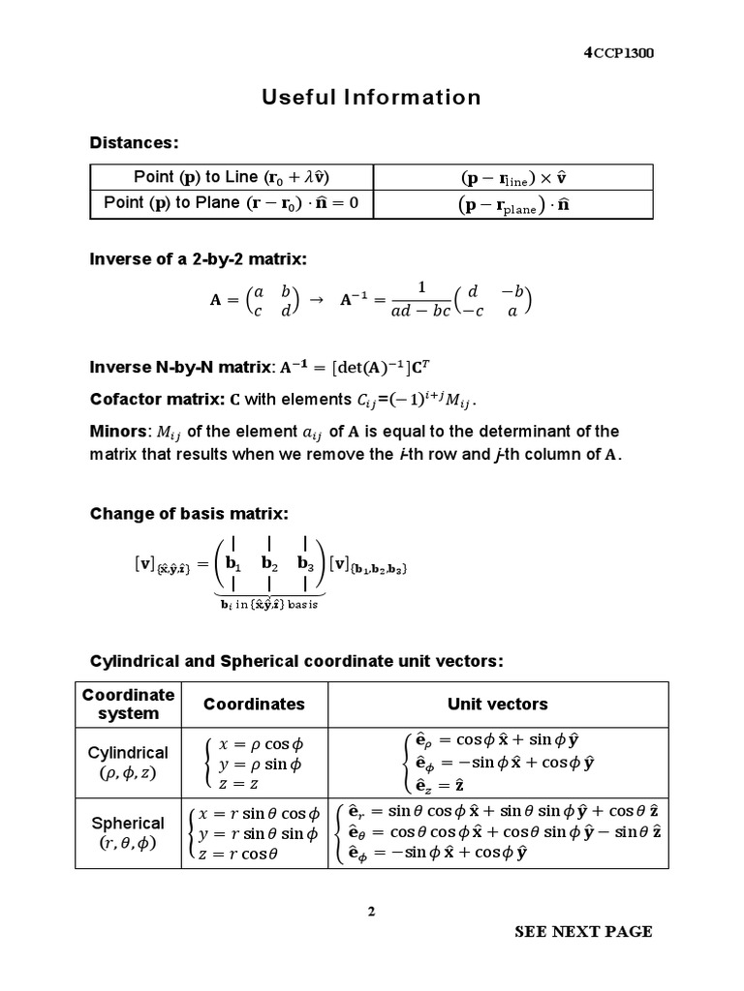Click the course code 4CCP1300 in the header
pyautogui.click(x=618, y=53)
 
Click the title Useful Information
pyautogui.click(x=371, y=97)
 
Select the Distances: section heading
pyautogui.click(x=134, y=142)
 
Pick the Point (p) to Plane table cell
pyautogui.click(x=231, y=203)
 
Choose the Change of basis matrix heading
pyautogui.click(x=189, y=513)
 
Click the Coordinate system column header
pyautogui.click(x=128, y=704)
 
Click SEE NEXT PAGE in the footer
pyautogui.click(x=583, y=932)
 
